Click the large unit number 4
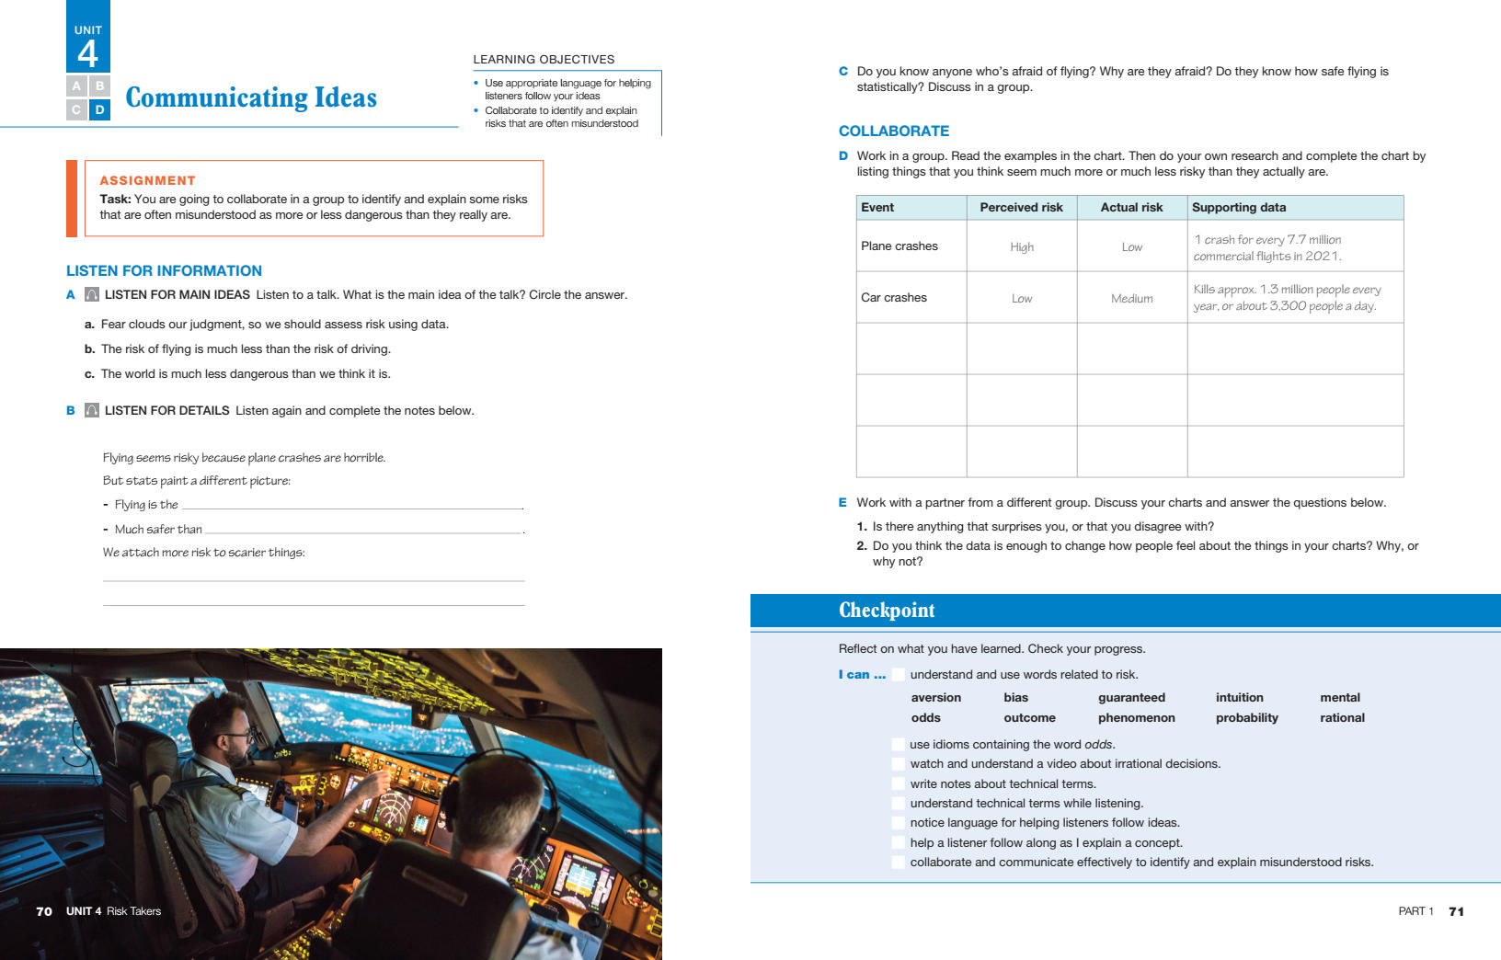tap(87, 53)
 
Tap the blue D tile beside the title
tap(100, 110)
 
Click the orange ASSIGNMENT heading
tap(147, 180)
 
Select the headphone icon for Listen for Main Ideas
tap(92, 295)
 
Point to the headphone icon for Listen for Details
tap(92, 411)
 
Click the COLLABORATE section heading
tap(893, 131)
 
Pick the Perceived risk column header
tap(1021, 208)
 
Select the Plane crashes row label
tap(899, 246)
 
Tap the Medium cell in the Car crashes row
tap(1131, 299)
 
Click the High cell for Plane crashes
tap(1021, 247)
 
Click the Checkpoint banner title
tap(886, 611)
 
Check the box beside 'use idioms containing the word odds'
tap(898, 745)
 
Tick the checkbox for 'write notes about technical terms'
tap(898, 784)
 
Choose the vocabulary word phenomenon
tap(1136, 718)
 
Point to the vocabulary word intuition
tap(1239, 698)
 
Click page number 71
tap(1456, 911)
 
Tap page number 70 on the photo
tap(44, 911)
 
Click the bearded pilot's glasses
tap(241, 737)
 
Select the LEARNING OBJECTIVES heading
tap(544, 60)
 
